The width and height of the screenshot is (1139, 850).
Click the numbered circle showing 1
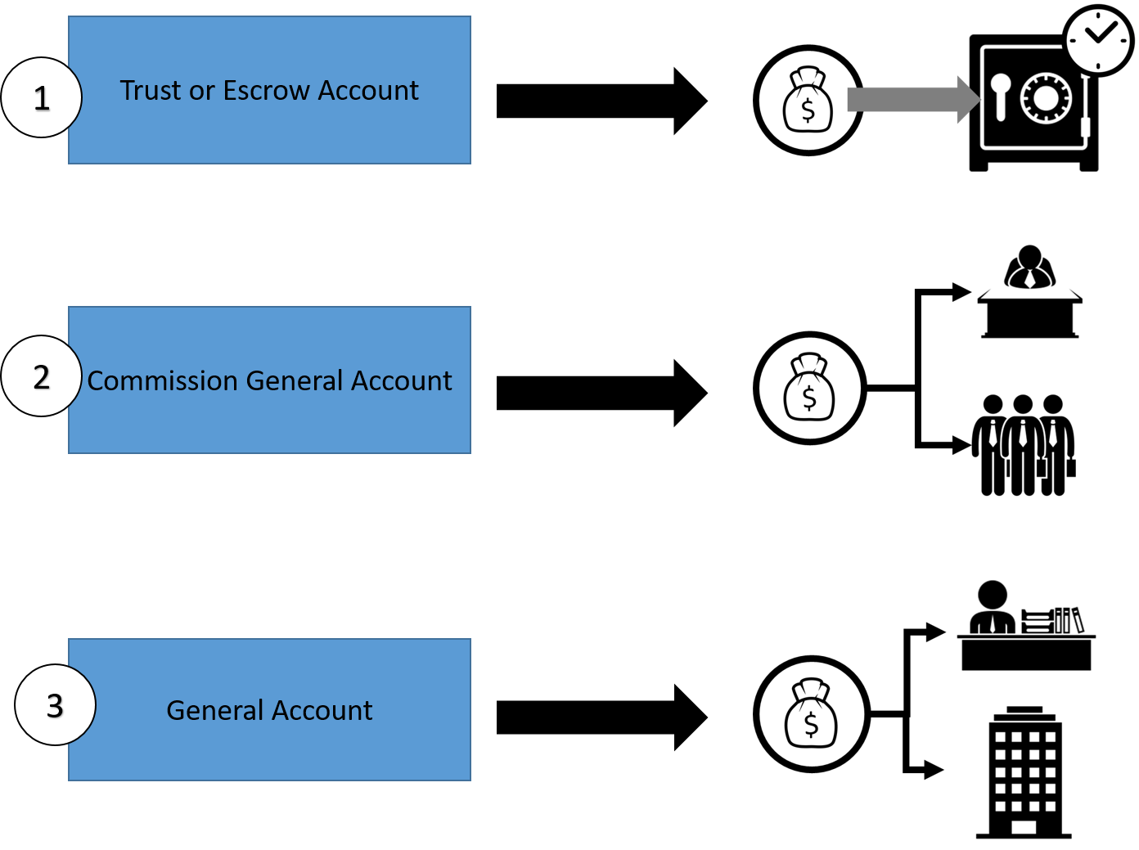42,97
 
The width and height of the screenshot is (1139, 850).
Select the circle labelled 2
42,376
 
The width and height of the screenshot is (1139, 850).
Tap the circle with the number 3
55,705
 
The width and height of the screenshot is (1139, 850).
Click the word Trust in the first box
151,90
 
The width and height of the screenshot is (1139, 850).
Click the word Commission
163,381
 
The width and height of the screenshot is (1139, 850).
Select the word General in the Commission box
295,381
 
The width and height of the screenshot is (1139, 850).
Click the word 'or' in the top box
201,91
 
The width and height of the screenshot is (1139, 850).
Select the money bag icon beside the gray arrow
808,101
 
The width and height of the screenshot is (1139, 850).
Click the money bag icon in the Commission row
809,388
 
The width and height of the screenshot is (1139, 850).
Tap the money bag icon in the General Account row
811,714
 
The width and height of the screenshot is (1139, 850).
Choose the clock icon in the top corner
1098,40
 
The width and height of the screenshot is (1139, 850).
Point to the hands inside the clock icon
1101,34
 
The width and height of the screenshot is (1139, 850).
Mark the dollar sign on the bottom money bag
811,725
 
